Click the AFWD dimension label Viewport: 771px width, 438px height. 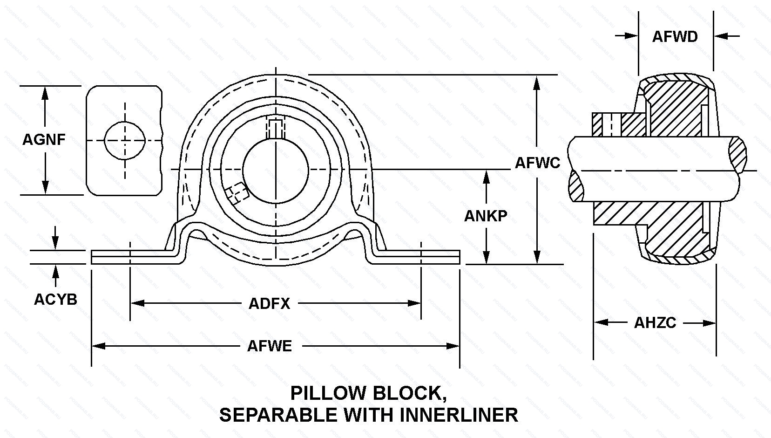tap(675, 36)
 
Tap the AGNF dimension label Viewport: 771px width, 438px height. tap(44, 139)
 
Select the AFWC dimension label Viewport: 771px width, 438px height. tap(537, 163)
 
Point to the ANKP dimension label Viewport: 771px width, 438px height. tap(486, 215)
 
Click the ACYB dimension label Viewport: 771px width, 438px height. tap(55, 299)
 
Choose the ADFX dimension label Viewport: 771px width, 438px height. tap(269, 304)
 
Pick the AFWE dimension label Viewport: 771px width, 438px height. tap(269, 346)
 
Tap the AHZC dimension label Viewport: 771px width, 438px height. tap(655, 322)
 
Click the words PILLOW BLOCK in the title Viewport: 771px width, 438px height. tap(366, 393)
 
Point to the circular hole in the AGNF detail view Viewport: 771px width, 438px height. tap(125, 140)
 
